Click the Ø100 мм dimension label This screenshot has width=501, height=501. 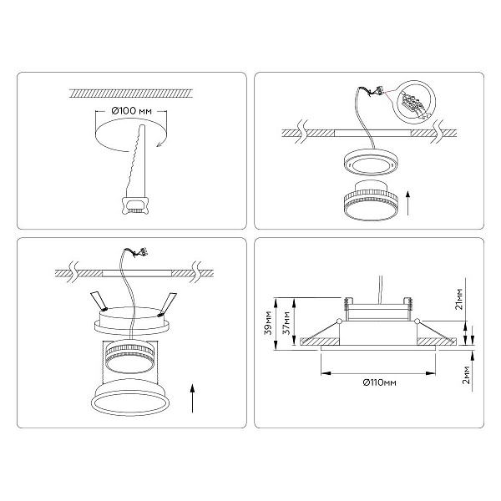131,111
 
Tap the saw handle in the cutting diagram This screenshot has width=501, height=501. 135,205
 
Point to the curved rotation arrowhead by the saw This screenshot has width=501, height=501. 159,145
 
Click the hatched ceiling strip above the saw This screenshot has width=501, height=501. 131,94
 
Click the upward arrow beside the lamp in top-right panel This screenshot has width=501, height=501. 407,203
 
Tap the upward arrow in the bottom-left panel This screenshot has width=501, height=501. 192,398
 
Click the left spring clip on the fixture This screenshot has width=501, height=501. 99,301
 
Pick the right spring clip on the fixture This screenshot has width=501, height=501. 168,303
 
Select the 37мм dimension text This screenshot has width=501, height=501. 287,322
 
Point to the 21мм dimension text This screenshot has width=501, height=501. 458,299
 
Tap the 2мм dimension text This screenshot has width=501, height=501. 467,374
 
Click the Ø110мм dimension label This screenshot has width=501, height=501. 380,382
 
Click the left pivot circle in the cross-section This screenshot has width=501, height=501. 339,321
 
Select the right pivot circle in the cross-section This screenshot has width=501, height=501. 417,321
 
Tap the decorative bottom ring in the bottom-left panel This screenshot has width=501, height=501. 131,397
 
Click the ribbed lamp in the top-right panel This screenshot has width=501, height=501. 370,200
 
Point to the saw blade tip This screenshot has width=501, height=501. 143,125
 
